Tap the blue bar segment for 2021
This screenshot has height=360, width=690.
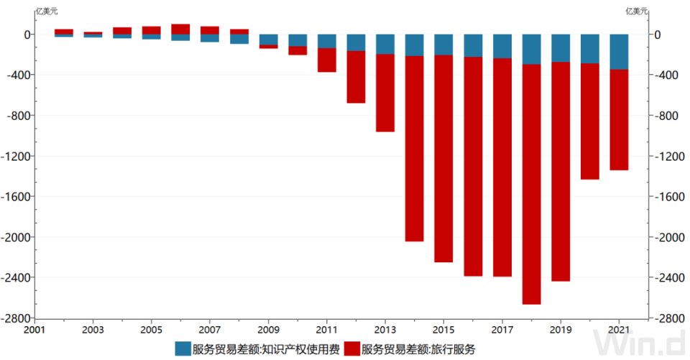tap(620, 52)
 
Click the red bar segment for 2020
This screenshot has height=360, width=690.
tap(590, 121)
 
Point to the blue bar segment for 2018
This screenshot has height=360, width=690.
tap(532, 49)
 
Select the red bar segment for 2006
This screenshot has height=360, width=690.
tap(180, 29)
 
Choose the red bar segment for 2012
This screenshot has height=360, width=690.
tap(356, 77)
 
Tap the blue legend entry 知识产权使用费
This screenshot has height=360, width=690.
tap(263, 349)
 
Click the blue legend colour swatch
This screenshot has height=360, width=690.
tap(183, 349)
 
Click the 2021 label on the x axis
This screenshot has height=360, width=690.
tap(620, 329)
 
